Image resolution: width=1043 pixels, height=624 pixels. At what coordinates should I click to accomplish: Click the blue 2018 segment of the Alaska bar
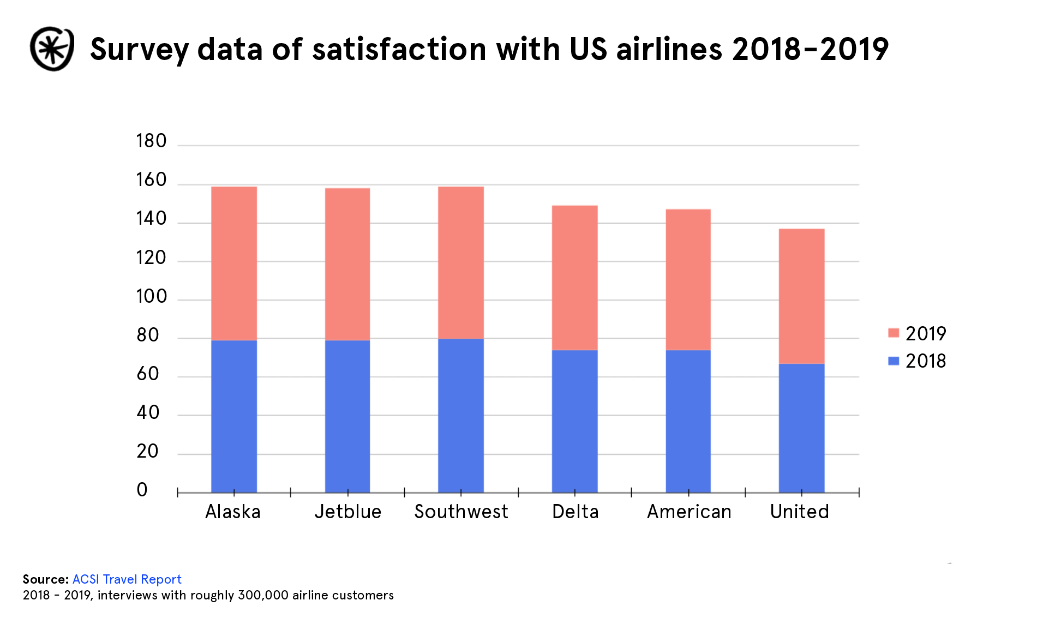tap(233, 416)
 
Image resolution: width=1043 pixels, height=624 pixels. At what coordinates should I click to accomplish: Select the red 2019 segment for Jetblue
tap(347, 264)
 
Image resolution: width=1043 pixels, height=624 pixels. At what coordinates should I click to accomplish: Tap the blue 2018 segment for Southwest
tap(461, 416)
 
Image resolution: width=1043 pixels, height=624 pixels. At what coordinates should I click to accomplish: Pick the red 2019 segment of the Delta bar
tap(575, 278)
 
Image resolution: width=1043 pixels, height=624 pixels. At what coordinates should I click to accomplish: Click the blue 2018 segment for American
tap(688, 421)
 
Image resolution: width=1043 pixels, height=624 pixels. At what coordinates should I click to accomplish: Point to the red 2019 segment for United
tap(801, 296)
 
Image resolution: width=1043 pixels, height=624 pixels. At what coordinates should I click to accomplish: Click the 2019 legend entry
tap(918, 333)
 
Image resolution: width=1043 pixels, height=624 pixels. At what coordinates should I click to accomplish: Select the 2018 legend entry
tap(918, 361)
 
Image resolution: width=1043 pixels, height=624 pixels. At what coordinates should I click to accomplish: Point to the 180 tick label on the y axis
tap(151, 141)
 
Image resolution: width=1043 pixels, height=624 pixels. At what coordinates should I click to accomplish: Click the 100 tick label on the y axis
tap(151, 296)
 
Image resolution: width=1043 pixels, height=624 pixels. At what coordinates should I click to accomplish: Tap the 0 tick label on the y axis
tap(142, 490)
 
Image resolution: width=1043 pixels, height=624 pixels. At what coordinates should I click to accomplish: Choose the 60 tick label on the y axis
tap(148, 374)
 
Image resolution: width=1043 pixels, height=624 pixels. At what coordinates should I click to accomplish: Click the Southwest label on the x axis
tap(461, 512)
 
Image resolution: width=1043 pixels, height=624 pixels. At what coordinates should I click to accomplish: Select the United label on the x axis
tap(799, 512)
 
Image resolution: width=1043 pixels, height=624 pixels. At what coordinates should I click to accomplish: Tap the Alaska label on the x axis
tap(233, 512)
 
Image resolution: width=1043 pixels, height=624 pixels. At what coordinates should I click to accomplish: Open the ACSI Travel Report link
tap(127, 579)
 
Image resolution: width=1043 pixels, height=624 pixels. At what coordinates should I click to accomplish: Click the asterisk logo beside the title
tap(52, 49)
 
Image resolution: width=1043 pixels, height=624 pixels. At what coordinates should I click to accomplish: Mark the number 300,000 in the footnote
tap(263, 595)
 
